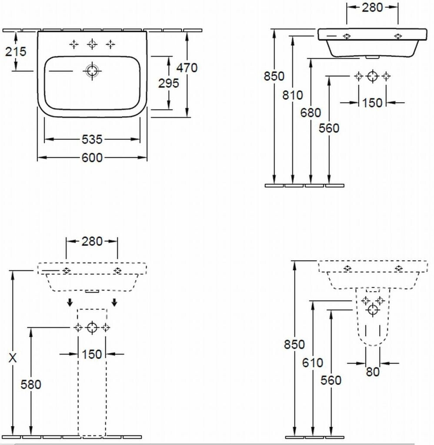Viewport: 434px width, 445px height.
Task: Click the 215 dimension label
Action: pyautogui.click(x=16, y=51)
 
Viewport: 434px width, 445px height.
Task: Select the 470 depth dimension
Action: pyautogui.click(x=187, y=67)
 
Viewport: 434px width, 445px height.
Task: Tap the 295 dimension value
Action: pyautogui.click(x=169, y=83)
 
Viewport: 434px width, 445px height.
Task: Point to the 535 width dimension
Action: pyautogui.click(x=92, y=139)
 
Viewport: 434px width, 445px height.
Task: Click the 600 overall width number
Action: pyautogui.click(x=92, y=158)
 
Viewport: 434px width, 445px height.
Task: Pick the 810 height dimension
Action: pyautogui.click(x=293, y=95)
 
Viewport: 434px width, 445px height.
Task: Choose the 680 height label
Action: pyautogui.click(x=311, y=113)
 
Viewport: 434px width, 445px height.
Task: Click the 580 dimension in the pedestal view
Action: pyautogui.click(x=31, y=385)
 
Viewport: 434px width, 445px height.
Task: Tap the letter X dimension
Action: pyautogui.click(x=13, y=358)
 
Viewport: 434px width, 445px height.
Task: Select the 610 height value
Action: pyautogui.click(x=312, y=363)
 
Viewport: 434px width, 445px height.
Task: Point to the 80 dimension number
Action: pyautogui.click(x=373, y=372)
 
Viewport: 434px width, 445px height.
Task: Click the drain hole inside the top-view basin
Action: pyautogui.click(x=92, y=71)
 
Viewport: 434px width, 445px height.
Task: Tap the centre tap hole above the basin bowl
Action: pyautogui.click(x=92, y=44)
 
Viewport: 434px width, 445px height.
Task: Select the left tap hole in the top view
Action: pyautogui.click(x=74, y=44)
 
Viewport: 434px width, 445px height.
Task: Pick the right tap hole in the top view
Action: pyautogui.click(x=110, y=44)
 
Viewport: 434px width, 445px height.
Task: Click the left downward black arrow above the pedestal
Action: pyautogui.click(x=70, y=302)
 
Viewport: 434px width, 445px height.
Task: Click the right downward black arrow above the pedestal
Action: pyautogui.click(x=114, y=302)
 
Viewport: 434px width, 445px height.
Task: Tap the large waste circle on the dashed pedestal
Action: pyautogui.click(x=92, y=328)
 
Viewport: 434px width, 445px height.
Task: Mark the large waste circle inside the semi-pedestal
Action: pyautogui.click(x=373, y=309)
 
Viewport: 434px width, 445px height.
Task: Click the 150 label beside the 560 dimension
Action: pyautogui.click(x=372, y=103)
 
